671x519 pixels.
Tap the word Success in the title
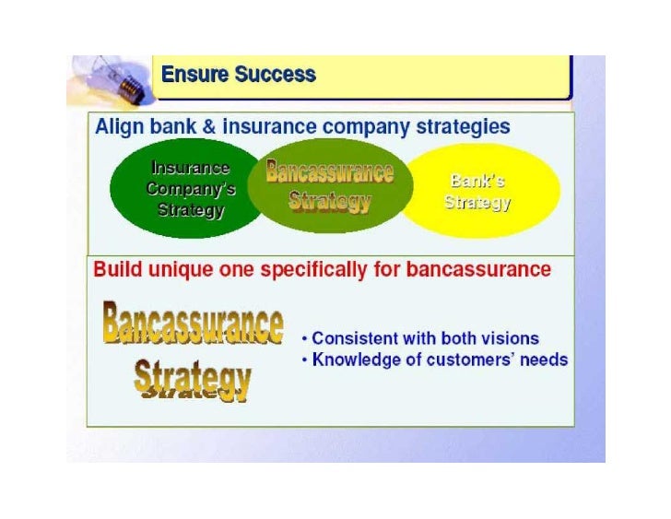pos(275,75)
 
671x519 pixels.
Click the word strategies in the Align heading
pos(463,127)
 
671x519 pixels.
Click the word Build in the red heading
pos(117,270)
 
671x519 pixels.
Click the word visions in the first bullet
pos(510,338)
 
